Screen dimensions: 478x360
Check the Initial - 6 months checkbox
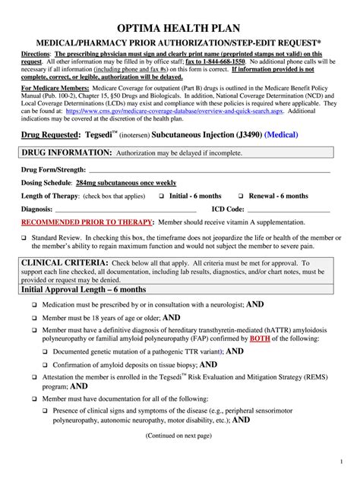(162, 196)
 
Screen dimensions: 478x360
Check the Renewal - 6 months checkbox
(243, 196)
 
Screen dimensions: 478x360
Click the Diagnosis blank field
(125, 209)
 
